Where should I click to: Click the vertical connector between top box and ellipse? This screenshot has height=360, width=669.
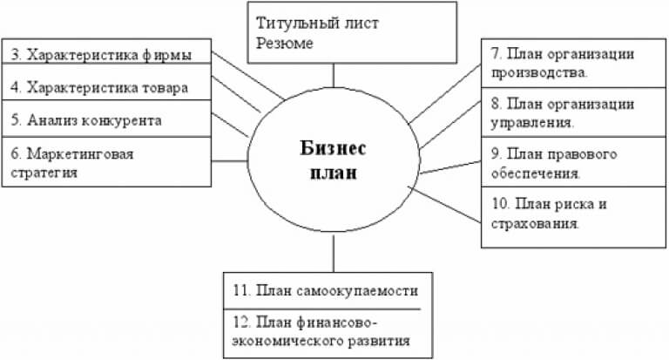[333, 76]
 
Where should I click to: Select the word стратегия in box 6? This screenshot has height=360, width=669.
[53, 172]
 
